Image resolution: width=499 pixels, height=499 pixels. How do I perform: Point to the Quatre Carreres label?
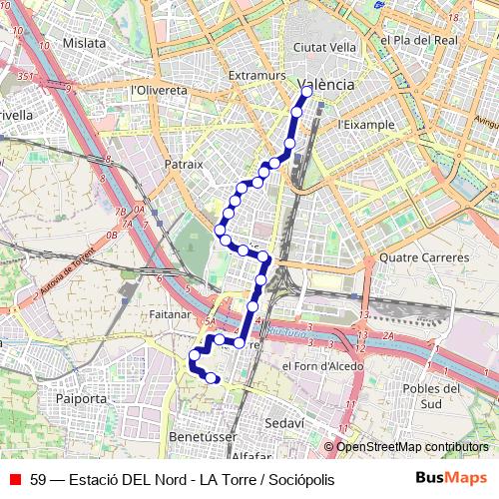pyautogui.click(x=424, y=257)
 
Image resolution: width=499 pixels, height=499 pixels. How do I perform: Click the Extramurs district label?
pyautogui.click(x=256, y=76)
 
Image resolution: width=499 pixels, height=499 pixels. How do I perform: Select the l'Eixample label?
pyautogui.click(x=366, y=125)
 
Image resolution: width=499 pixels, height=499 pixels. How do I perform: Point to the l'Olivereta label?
pyautogui.click(x=159, y=90)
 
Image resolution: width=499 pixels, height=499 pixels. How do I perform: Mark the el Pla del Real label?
pyautogui.click(x=418, y=39)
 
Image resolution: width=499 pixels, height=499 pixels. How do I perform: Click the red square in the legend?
pyautogui.click(x=15, y=479)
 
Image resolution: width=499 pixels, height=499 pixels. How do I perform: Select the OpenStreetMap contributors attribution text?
pyautogui.click(x=412, y=446)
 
